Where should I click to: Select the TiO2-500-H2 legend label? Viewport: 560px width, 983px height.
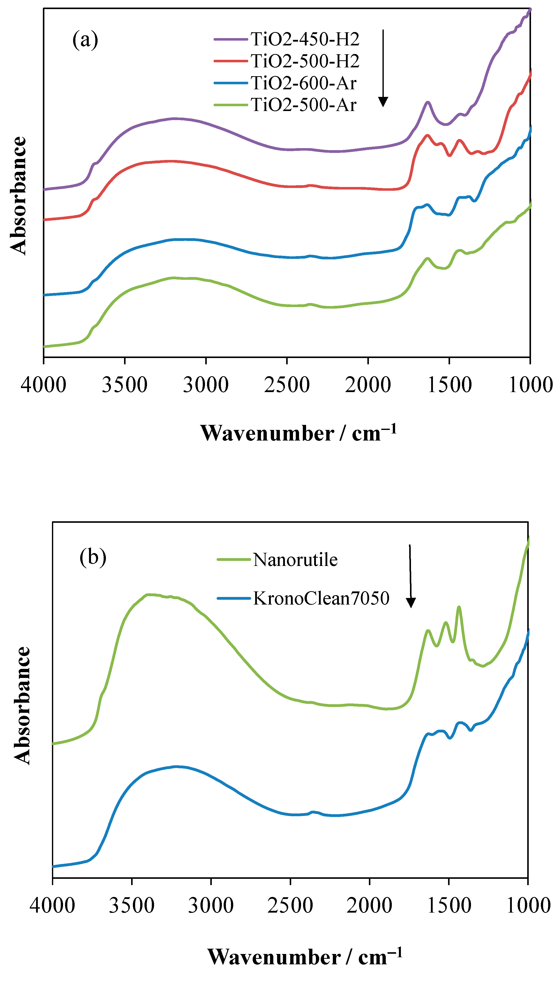[305, 61]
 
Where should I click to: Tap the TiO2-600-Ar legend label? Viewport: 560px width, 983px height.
[304, 83]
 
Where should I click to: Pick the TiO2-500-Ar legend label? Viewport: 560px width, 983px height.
[304, 105]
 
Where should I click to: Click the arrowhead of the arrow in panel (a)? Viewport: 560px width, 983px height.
[383, 102]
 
